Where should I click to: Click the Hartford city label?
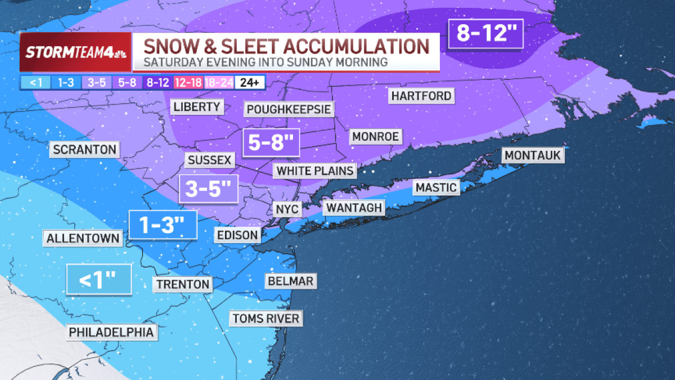point(421,96)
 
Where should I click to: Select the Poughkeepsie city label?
point(289,109)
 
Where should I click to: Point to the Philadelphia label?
point(111,332)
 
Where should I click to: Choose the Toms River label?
point(266,319)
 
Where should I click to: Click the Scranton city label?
point(85,150)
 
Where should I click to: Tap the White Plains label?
point(315,171)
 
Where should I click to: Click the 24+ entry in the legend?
point(250,83)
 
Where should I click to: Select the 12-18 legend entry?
point(189,83)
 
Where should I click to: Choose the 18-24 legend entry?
point(219,83)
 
